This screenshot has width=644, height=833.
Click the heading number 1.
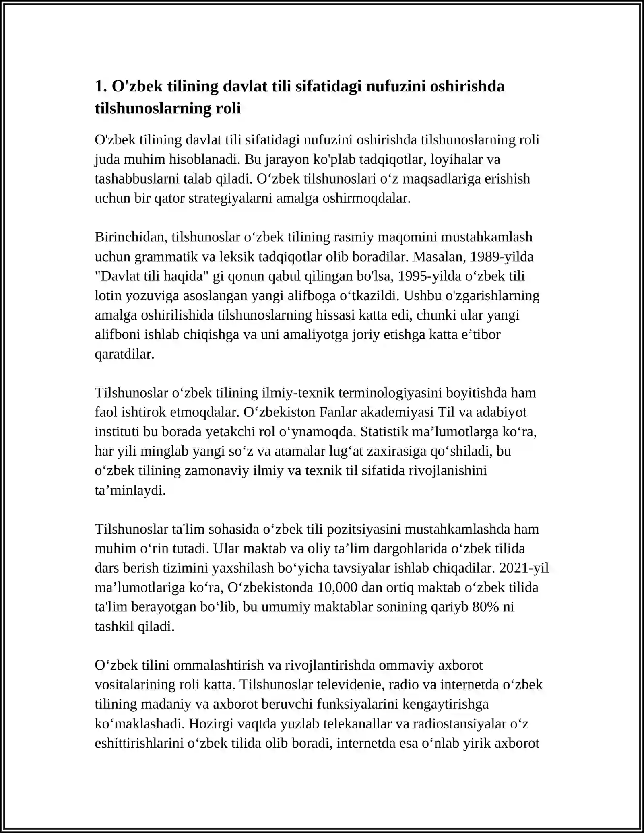point(101,87)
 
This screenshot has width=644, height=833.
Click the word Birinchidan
point(131,237)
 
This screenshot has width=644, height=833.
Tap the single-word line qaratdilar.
point(124,354)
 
